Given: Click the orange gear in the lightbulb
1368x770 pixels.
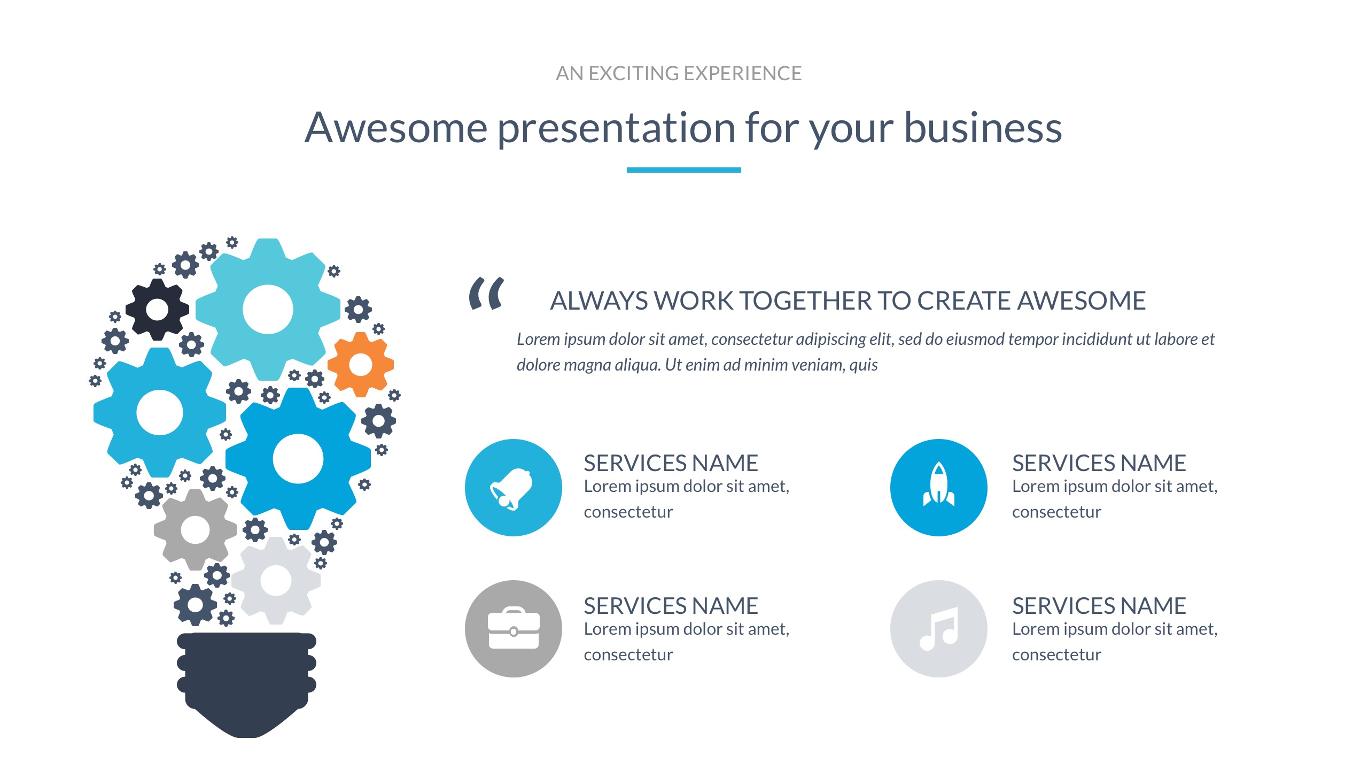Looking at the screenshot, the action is (361, 365).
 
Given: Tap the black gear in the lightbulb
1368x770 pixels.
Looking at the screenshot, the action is (157, 309).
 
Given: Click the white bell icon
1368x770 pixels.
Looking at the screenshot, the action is (511, 489).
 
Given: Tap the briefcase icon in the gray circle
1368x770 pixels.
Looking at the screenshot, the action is (514, 628).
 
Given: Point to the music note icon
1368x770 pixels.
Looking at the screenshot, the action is (939, 629).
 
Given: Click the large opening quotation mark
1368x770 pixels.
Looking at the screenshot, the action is (486, 293).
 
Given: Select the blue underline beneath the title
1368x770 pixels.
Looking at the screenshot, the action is (683, 170).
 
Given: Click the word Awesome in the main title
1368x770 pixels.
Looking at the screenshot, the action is (396, 128).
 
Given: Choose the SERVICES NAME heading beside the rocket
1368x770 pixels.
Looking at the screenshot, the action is (1099, 463).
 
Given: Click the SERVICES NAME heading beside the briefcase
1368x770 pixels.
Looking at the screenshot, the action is (671, 606).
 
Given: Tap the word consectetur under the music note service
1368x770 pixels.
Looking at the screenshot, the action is (1056, 655).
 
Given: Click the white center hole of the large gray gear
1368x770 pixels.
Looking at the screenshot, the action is (195, 530).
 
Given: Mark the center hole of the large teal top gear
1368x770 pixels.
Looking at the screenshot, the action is (268, 309).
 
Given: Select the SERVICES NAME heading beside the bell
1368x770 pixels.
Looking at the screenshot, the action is (671, 463).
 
